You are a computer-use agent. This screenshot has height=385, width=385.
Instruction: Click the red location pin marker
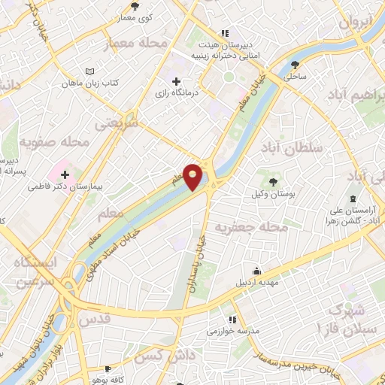[193, 177]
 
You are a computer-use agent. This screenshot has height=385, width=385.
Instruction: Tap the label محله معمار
[137, 43]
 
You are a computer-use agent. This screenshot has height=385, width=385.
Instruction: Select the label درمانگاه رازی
[176, 94]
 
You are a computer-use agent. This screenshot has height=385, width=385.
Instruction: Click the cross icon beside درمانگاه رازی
[176, 81]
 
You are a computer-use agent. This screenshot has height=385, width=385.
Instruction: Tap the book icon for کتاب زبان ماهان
[90, 71]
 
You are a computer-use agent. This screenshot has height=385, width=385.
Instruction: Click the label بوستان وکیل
[273, 193]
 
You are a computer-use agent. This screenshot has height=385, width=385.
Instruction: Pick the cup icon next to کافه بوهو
[109, 369]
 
